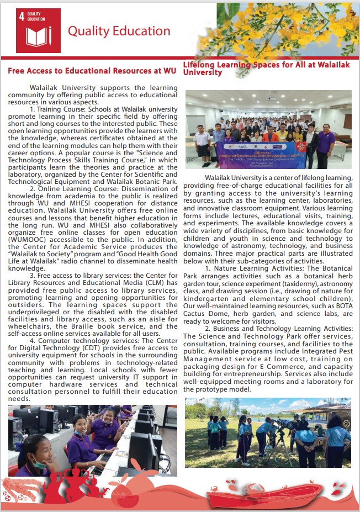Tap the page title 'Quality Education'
(x=119, y=31)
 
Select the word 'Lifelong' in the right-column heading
(x=200, y=65)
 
